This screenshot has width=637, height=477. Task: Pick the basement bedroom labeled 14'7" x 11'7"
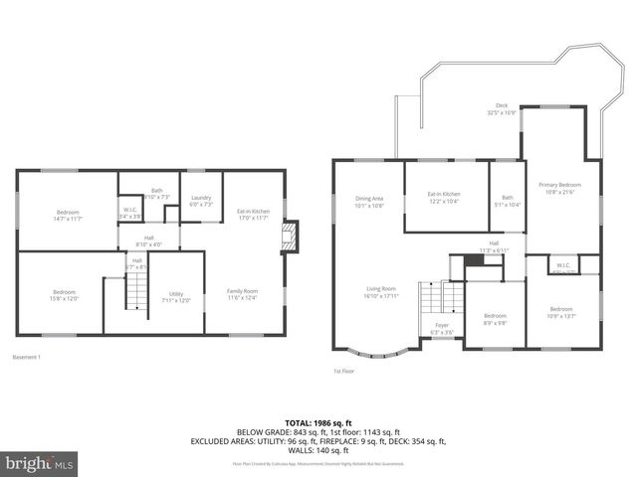click(x=68, y=215)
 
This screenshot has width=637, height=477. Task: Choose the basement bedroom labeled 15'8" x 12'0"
click(x=64, y=295)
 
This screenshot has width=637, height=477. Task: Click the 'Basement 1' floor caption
click(x=27, y=357)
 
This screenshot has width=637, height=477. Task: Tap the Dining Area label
click(x=369, y=202)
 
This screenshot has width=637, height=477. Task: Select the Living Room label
click(x=380, y=292)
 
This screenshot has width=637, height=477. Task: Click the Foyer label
click(x=440, y=328)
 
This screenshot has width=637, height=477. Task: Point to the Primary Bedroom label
click(x=561, y=188)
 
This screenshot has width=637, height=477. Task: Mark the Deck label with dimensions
click(x=501, y=109)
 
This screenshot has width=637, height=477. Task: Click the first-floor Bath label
click(x=508, y=200)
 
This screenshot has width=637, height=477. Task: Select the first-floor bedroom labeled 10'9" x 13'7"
click(x=561, y=312)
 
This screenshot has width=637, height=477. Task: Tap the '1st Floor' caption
click(x=343, y=371)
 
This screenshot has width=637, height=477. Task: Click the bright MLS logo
click(x=40, y=464)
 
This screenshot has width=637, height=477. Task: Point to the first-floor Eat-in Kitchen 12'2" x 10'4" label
click(x=444, y=197)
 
